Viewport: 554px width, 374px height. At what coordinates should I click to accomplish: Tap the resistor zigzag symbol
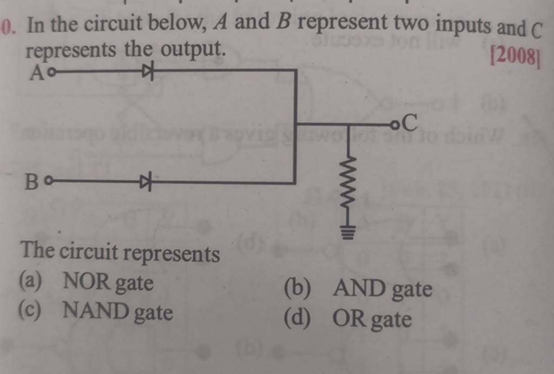coord(349,181)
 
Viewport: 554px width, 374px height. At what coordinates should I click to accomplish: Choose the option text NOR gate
coord(108,282)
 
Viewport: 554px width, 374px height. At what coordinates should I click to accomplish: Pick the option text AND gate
coord(382,290)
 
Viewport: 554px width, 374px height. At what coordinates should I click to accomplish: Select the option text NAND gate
coord(118,312)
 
